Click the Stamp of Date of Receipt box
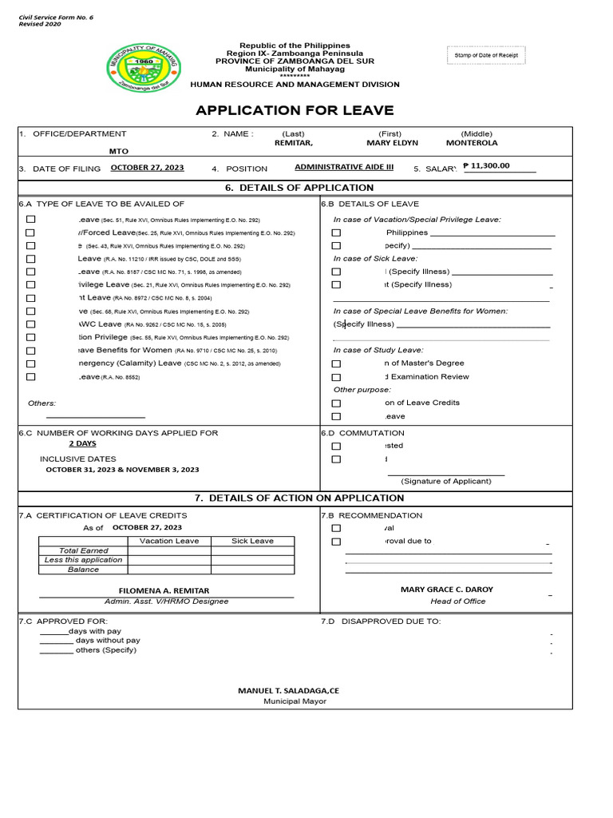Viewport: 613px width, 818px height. tap(485, 55)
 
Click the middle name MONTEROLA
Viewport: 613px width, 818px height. tap(472, 143)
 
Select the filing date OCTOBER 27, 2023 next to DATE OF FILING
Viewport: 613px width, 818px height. tap(147, 168)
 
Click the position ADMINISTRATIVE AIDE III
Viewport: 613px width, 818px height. tap(344, 168)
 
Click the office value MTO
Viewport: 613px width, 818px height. tap(118, 150)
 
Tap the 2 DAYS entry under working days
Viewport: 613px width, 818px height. tap(82, 443)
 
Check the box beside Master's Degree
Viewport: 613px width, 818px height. tap(336, 363)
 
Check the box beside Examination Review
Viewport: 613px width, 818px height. tap(336, 377)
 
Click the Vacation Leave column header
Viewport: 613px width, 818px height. tap(168, 541)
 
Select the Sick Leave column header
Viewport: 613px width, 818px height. tap(252, 541)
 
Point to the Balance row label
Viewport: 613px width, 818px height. tap(83, 570)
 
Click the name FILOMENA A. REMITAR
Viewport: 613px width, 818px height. tap(164, 590)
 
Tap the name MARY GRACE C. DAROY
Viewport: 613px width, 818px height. tap(446, 590)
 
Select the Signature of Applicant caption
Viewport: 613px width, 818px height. tap(446, 481)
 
